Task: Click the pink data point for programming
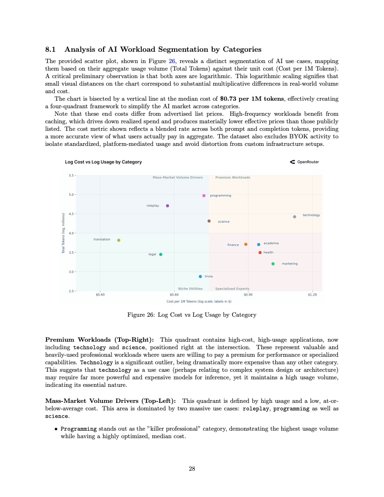[x=204, y=195]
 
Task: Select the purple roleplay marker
[x=168, y=206]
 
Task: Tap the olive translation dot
[x=119, y=240]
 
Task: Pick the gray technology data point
[x=295, y=216]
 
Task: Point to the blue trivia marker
[x=200, y=276]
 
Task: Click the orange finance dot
[x=246, y=244]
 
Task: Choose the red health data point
[x=260, y=252]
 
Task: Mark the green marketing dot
[x=273, y=264]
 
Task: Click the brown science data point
[x=209, y=221]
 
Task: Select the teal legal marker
[x=160, y=254]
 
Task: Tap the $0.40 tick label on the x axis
[x=100, y=295]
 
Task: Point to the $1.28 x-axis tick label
[x=312, y=295]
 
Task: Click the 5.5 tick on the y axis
[x=71, y=175]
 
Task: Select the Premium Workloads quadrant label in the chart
[x=232, y=177]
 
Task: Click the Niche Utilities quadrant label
[x=190, y=289]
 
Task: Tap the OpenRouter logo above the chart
[x=305, y=162]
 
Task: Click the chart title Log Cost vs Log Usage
[x=103, y=162]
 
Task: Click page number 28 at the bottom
[x=192, y=468]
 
